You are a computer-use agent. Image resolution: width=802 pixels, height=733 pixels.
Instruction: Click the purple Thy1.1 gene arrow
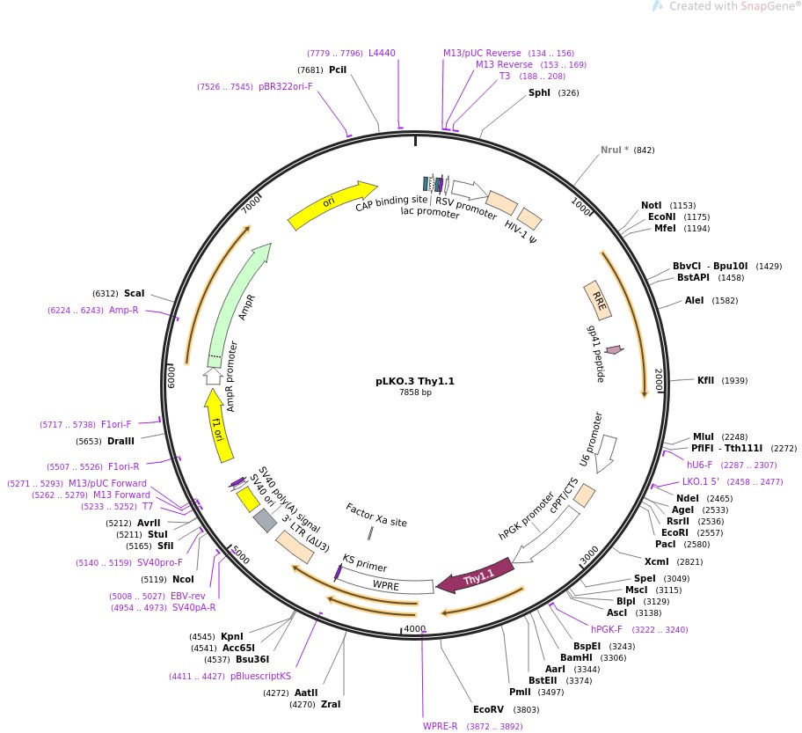[475, 577]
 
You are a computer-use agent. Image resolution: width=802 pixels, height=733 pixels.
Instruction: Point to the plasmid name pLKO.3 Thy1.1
[415, 381]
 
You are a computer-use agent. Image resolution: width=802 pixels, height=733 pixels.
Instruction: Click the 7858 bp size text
[415, 392]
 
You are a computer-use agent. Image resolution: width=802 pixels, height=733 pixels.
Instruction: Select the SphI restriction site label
[539, 92]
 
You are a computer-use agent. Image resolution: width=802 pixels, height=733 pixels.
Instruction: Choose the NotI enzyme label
[652, 205]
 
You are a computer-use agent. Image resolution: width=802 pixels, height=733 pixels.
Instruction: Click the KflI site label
[706, 380]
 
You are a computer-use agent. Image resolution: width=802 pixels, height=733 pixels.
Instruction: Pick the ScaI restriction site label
[134, 293]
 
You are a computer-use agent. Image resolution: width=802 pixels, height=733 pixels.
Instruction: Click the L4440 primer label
[382, 53]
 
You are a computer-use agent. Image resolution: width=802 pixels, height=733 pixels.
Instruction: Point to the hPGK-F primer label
[607, 629]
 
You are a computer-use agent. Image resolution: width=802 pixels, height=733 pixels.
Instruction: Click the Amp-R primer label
[124, 310]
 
